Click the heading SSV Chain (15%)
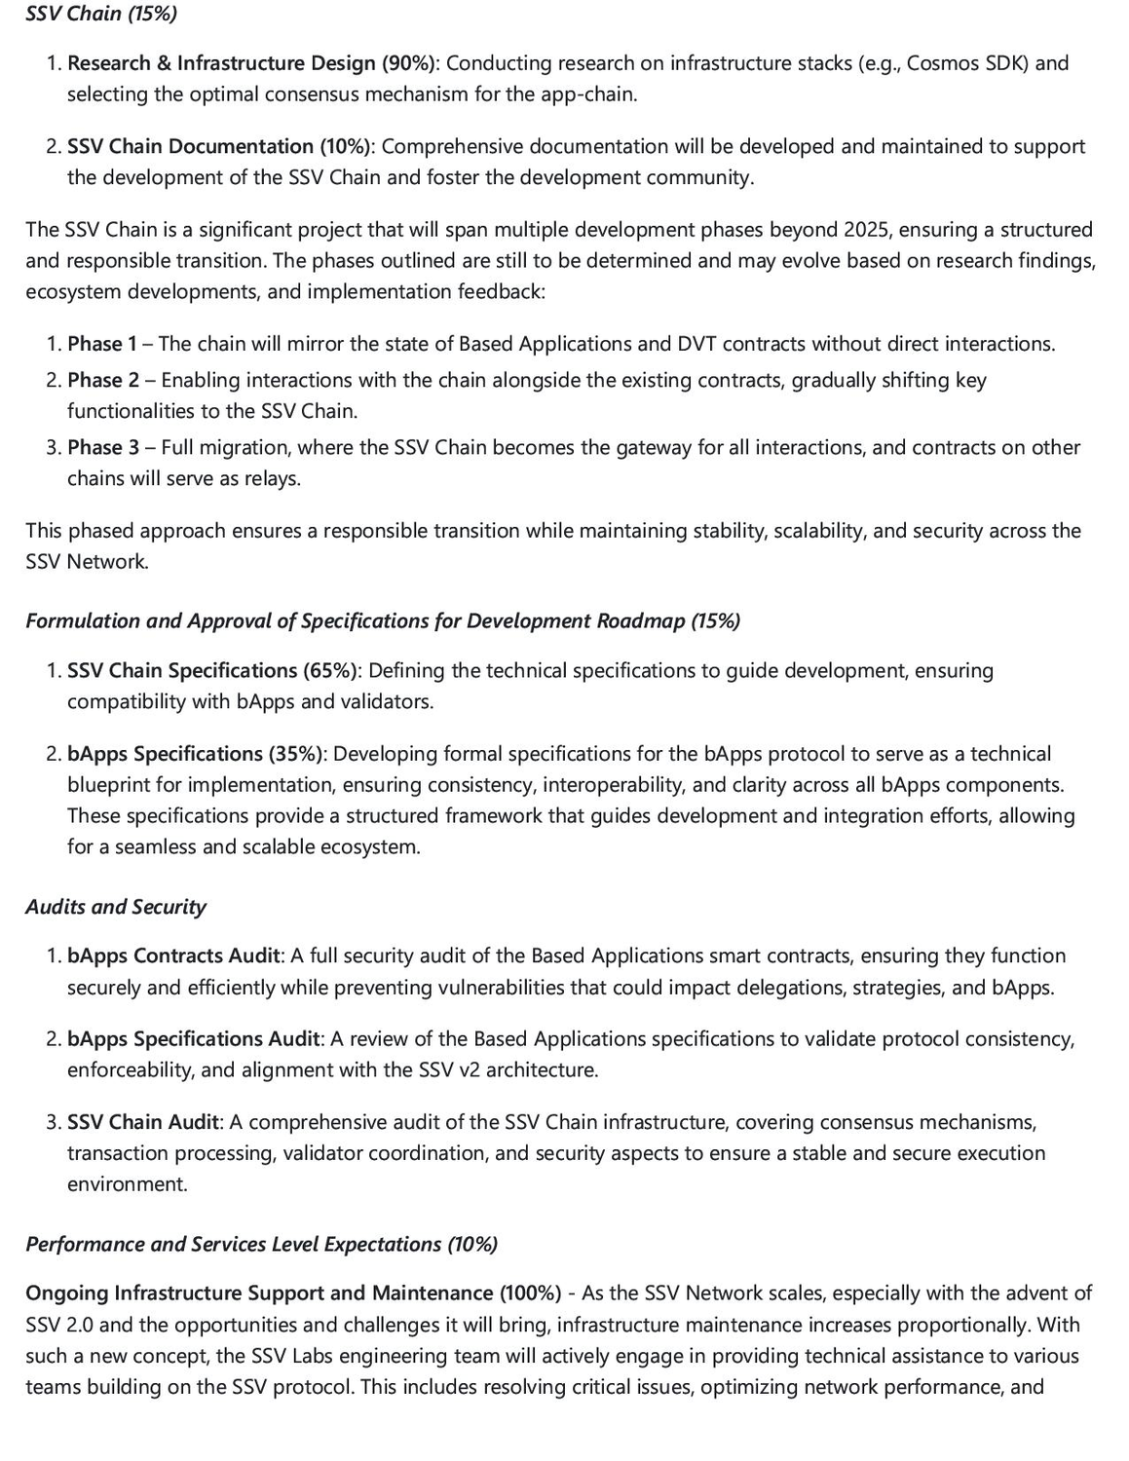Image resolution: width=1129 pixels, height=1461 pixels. tap(88, 14)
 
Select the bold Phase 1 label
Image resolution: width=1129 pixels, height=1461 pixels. tap(102, 344)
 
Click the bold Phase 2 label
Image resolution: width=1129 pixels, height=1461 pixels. tap(103, 380)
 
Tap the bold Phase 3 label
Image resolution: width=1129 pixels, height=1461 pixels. tap(103, 447)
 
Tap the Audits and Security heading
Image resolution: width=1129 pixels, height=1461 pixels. tap(116, 907)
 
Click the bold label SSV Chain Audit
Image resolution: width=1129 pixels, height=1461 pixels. tap(143, 1122)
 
